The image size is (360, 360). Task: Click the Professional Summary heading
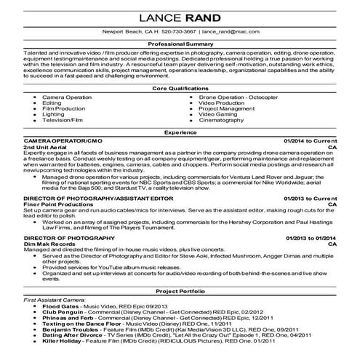click(180, 45)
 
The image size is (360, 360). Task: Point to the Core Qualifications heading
click(180, 87)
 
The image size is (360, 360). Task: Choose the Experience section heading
click(180, 133)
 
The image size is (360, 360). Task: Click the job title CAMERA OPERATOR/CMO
click(58, 140)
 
